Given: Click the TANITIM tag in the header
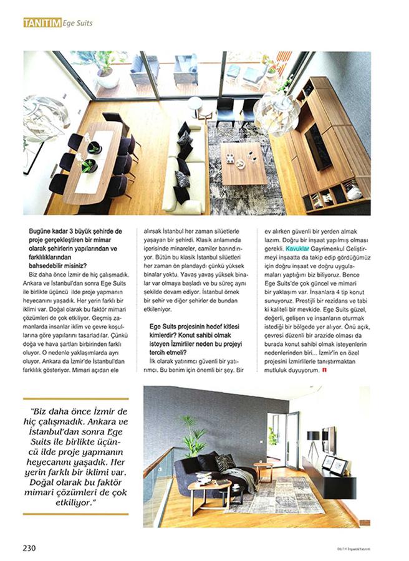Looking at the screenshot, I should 42,23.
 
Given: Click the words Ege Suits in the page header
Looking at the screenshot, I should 78,23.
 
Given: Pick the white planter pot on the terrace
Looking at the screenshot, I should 107,78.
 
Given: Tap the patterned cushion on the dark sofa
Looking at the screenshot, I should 224,463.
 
